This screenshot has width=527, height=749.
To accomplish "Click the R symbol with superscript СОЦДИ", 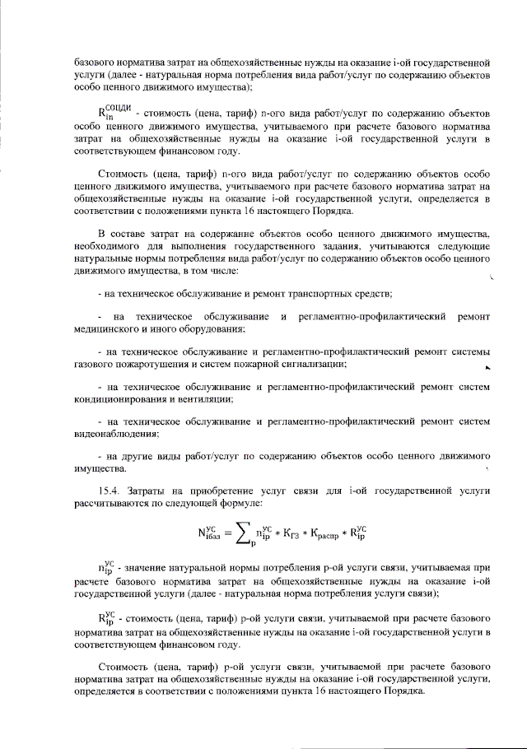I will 114,114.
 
